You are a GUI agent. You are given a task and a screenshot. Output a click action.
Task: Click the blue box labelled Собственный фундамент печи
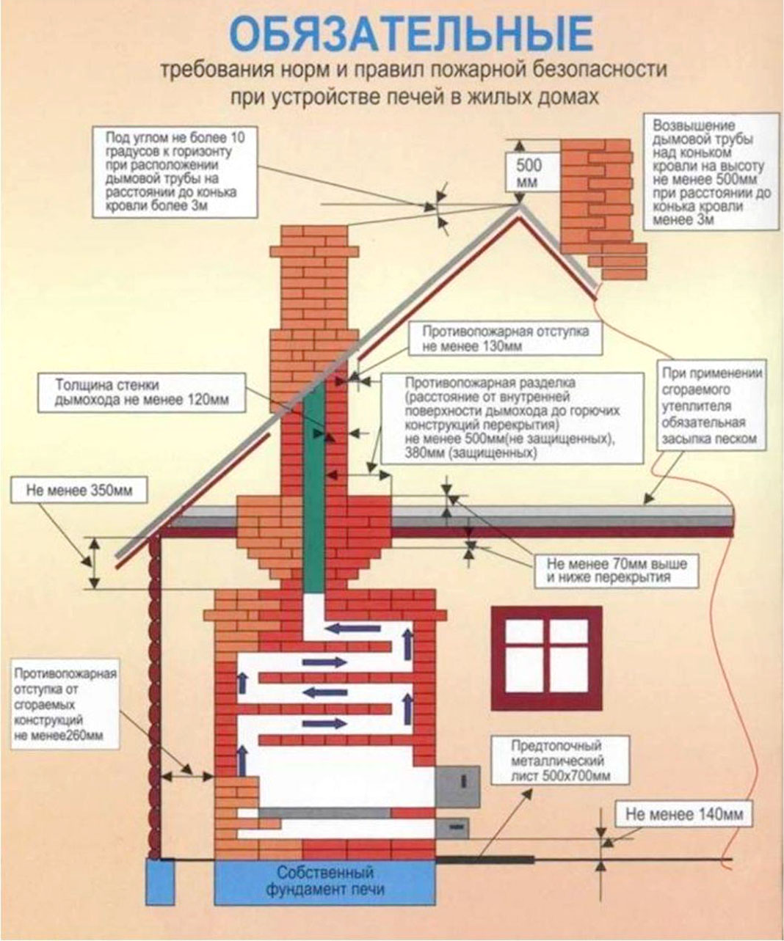click(324, 882)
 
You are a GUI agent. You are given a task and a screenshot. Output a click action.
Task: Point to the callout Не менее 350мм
click(79, 491)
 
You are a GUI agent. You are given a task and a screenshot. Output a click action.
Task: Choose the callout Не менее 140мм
click(684, 814)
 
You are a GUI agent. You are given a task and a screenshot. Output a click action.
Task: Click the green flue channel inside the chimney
click(314, 484)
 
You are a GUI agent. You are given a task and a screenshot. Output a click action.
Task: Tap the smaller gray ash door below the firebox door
click(452, 828)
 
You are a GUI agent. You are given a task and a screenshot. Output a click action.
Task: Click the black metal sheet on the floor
click(485, 858)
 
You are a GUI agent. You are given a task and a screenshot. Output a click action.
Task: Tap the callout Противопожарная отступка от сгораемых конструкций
click(65, 704)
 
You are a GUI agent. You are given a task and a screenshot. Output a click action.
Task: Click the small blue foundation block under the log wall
click(156, 882)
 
